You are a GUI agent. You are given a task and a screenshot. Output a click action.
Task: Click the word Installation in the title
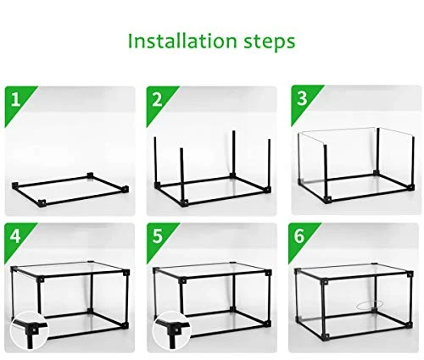click(182, 42)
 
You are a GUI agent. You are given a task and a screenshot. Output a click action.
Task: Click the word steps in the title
click(270, 42)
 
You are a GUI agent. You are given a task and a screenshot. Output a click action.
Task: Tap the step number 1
click(16, 100)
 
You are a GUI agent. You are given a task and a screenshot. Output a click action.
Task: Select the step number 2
click(157, 100)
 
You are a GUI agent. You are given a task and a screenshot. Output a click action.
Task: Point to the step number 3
click(302, 98)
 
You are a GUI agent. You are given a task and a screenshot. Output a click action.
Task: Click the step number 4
click(15, 236)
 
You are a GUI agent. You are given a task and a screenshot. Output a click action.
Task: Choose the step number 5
click(158, 236)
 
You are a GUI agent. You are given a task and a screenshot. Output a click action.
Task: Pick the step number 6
click(299, 236)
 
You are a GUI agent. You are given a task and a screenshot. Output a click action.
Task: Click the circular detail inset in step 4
click(30, 330)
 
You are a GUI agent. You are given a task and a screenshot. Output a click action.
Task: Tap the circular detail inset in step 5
click(171, 330)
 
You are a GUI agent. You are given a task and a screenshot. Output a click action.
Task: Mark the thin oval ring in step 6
click(370, 302)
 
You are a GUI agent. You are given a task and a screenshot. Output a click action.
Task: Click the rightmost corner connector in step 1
click(126, 189)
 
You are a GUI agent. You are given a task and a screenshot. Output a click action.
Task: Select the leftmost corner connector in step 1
click(15, 186)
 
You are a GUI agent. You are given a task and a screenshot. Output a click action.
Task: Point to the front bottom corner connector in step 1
click(42, 203)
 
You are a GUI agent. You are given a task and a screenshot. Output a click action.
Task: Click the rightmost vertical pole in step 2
click(269, 163)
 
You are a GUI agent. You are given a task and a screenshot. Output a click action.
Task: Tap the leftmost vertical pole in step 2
click(155, 160)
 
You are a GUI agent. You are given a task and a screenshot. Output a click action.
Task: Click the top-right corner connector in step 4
click(126, 273)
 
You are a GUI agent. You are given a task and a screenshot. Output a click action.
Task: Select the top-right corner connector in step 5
click(268, 273)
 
